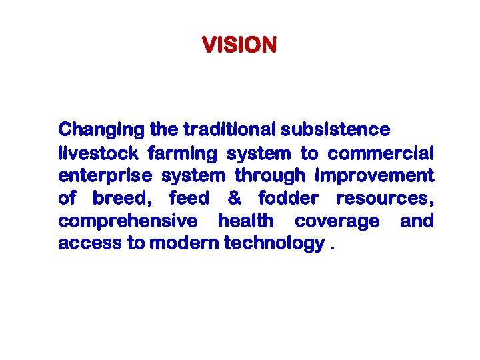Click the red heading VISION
[x=239, y=45]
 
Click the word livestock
[x=98, y=154]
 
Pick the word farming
[x=182, y=154]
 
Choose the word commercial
[x=381, y=154]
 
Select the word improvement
[x=374, y=176]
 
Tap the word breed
[x=122, y=199]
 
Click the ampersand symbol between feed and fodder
[x=234, y=199]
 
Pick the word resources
[x=383, y=199]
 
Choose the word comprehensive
[x=128, y=221]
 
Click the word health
[x=246, y=221]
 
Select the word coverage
[x=337, y=221]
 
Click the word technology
[x=275, y=243]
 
